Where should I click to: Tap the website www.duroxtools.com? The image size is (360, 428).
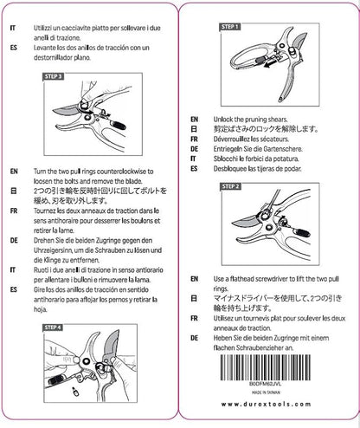[272, 405]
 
